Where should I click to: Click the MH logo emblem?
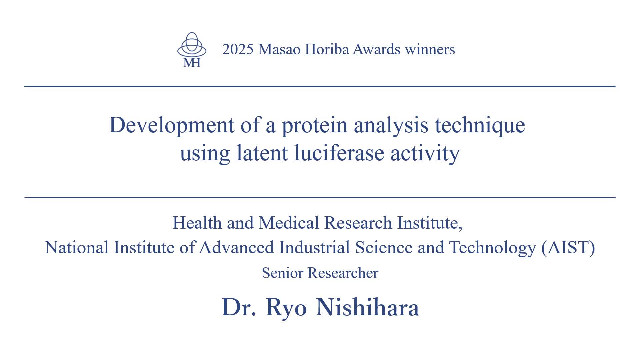click(192, 50)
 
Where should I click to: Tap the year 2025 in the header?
click(238, 49)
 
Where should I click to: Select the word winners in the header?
click(430, 49)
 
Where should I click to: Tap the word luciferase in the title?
click(339, 153)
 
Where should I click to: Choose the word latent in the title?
click(262, 153)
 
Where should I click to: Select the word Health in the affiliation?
click(197, 223)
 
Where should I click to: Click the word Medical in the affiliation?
click(289, 223)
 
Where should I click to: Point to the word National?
click(77, 248)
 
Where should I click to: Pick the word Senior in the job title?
click(282, 273)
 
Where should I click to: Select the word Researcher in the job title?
click(343, 273)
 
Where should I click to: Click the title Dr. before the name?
click(239, 307)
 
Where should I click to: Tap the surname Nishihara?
click(367, 307)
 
